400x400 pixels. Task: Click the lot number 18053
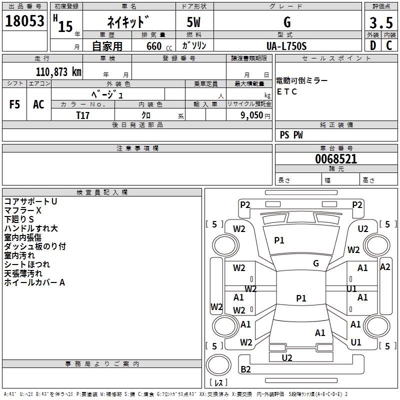click(x=24, y=21)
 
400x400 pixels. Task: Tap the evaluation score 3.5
click(x=381, y=22)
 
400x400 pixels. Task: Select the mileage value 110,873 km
click(x=58, y=72)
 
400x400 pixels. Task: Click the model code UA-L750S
click(x=286, y=46)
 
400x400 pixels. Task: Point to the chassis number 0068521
click(x=336, y=159)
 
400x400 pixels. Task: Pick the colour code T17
click(x=82, y=115)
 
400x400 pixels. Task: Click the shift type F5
click(x=14, y=104)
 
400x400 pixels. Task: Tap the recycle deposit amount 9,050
click(x=252, y=115)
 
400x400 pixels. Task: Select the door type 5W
click(x=193, y=22)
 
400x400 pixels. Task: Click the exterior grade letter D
click(x=373, y=45)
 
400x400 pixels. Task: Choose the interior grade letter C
click(x=389, y=45)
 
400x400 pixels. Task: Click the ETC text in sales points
click(x=286, y=91)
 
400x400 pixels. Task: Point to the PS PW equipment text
click(x=291, y=134)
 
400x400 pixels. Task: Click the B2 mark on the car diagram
click(x=245, y=369)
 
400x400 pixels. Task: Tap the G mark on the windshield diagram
click(x=316, y=263)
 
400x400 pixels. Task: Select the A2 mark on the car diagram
click(x=385, y=267)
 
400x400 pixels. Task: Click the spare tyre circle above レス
click(x=218, y=364)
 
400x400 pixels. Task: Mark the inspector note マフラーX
click(x=22, y=210)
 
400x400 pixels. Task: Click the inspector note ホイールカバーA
click(x=34, y=282)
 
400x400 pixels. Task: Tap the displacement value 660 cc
click(x=159, y=46)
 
